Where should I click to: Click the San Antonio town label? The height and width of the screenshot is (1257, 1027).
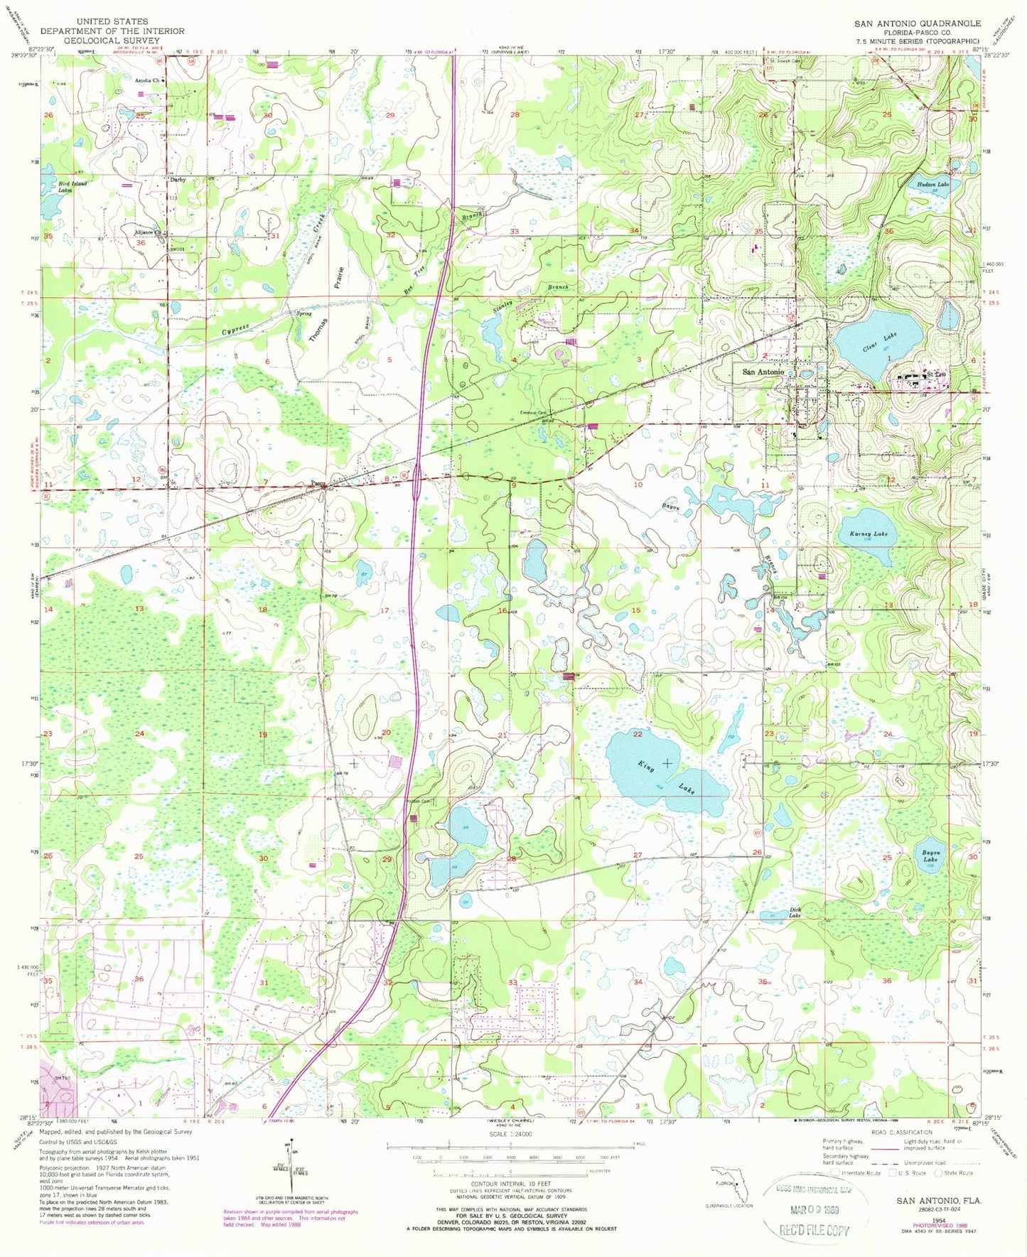(x=763, y=372)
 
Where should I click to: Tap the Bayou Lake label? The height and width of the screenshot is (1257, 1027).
(x=931, y=856)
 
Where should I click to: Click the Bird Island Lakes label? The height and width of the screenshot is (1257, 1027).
(x=73, y=187)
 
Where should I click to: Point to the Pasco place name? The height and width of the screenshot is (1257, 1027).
(x=318, y=484)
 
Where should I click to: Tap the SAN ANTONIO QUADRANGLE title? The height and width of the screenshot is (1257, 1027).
(x=917, y=23)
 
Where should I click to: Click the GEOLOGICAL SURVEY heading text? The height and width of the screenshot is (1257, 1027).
(x=112, y=41)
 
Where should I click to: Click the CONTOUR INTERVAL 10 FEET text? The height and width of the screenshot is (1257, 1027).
(x=510, y=1184)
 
